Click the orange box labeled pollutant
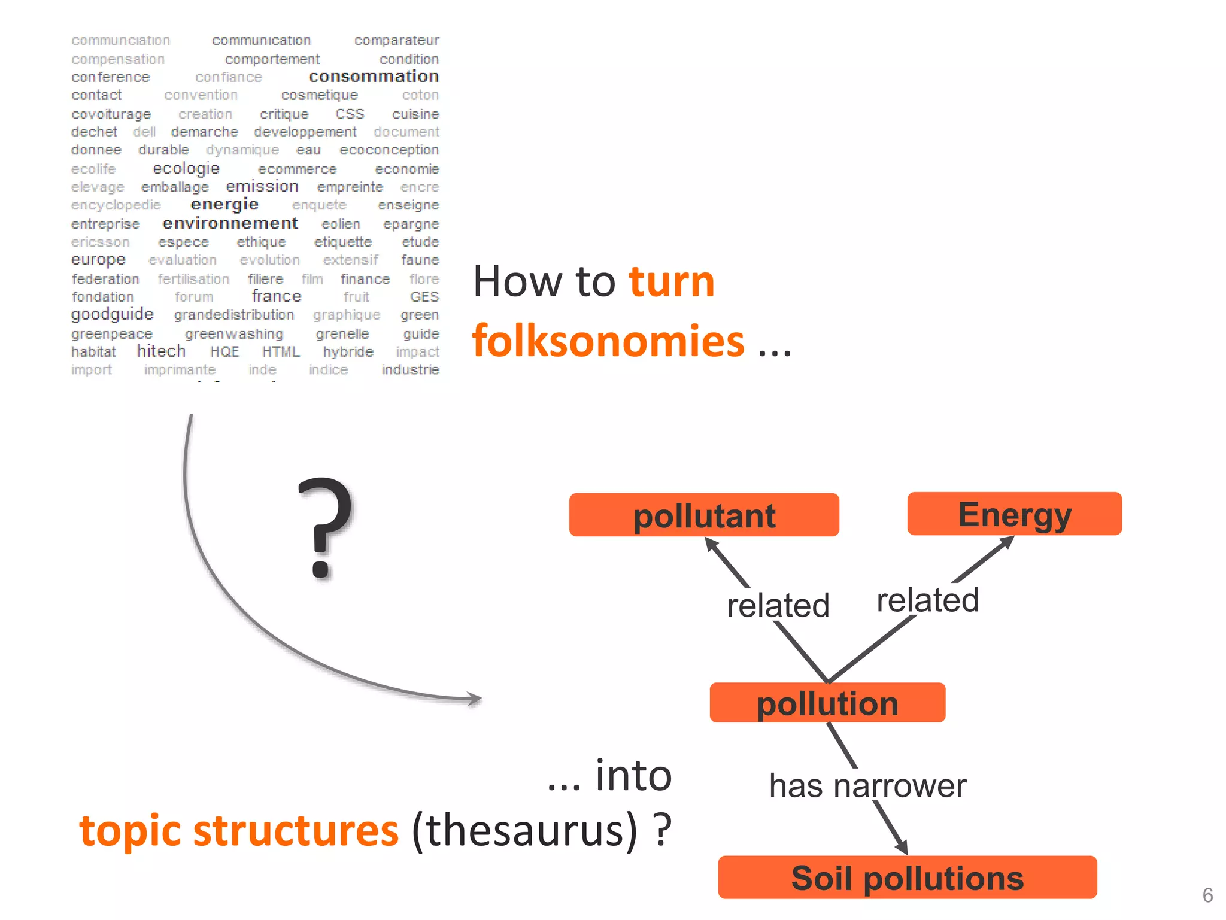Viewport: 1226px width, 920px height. [704, 515]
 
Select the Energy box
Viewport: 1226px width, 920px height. [1014, 514]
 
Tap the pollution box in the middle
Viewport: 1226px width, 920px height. [827, 703]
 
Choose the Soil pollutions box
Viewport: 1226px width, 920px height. [907, 878]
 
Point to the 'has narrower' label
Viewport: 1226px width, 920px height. [867, 786]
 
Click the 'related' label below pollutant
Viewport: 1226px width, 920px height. [778, 605]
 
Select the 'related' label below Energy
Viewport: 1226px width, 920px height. [927, 600]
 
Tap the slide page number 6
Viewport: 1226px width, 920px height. [1207, 895]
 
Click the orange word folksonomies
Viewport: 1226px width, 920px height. [608, 341]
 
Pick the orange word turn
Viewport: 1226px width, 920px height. [672, 281]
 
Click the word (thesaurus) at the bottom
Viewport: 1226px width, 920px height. [524, 831]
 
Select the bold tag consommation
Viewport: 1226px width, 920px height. [374, 77]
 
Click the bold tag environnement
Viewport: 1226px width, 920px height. [230, 223]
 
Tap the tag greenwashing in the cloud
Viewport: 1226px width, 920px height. [234, 334]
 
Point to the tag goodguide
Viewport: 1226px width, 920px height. [112, 314]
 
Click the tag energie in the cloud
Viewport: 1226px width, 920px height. [224, 204]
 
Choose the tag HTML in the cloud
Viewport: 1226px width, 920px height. [281, 352]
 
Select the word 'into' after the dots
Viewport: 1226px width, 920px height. [633, 775]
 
